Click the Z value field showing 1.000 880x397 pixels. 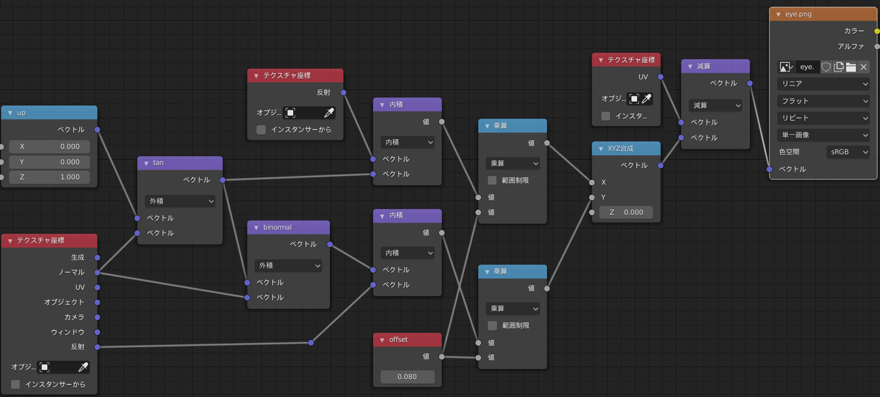click(49, 177)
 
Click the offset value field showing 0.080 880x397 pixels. click(407, 377)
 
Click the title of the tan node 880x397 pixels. click(158, 163)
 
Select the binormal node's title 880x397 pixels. click(277, 227)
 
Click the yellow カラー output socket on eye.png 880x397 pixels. click(877, 31)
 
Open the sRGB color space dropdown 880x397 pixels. click(848, 152)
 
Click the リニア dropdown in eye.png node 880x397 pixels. click(823, 84)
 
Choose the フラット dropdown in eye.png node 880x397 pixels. click(823, 101)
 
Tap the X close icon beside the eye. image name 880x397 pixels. click(864, 67)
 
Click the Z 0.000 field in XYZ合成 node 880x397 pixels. click(626, 212)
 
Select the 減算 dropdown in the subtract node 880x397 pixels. click(715, 105)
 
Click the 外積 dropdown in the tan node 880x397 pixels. click(180, 201)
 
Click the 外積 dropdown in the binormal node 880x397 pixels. click(288, 265)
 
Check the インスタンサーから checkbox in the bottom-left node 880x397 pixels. click(15, 384)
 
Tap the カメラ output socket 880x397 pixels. click(97, 317)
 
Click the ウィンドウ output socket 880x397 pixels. click(97, 332)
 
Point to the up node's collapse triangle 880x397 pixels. click(10, 113)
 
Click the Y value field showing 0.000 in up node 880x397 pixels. click(49, 162)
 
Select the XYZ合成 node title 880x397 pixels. click(621, 148)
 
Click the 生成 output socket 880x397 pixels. click(97, 258)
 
